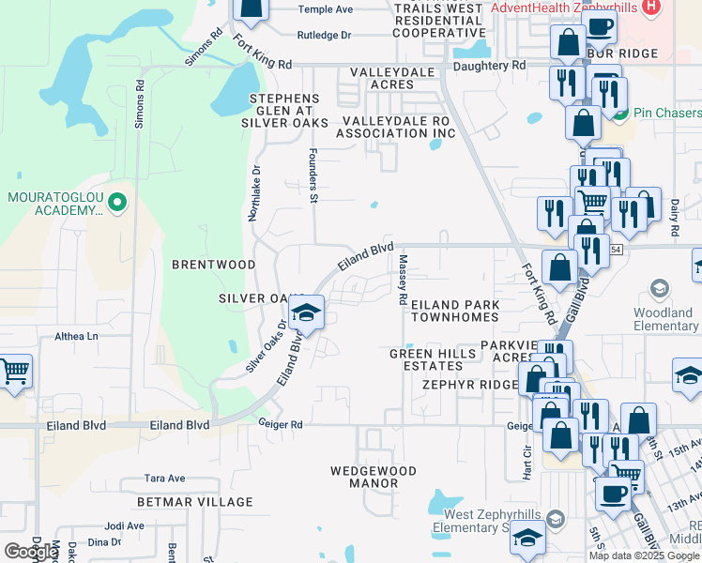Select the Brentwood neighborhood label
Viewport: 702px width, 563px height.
213,265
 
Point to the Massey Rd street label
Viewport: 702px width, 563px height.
402,280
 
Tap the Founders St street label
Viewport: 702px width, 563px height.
313,175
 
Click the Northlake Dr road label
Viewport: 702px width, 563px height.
252,193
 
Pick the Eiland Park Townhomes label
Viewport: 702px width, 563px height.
455,312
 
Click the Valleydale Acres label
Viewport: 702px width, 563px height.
395,78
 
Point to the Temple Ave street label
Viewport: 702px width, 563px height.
325,9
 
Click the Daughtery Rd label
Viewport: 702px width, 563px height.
489,66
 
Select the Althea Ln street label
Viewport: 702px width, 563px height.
76,336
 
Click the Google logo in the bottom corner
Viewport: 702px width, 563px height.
31,551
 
